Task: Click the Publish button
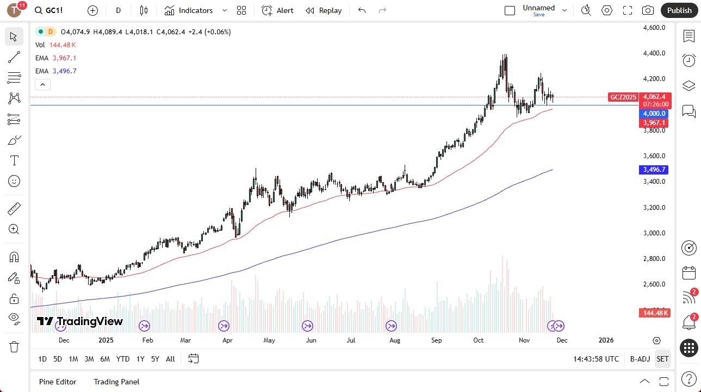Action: coord(679,10)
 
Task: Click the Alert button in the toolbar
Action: coord(277,10)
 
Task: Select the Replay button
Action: coord(324,10)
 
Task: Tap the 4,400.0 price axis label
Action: coord(654,53)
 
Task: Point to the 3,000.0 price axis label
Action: coord(654,233)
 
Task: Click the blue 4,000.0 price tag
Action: coord(654,114)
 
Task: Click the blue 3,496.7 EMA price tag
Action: coord(654,170)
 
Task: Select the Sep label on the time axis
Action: coord(437,340)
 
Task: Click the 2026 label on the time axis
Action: coord(606,340)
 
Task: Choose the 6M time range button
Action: coord(105,359)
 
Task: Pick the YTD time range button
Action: coord(123,359)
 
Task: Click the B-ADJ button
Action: coord(640,359)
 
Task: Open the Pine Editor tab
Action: coord(58,382)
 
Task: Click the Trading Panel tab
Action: coord(116,382)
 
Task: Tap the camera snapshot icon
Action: coord(648,10)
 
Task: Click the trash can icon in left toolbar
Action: coord(14,347)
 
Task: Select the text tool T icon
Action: coord(14,160)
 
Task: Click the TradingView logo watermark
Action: coord(80,321)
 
